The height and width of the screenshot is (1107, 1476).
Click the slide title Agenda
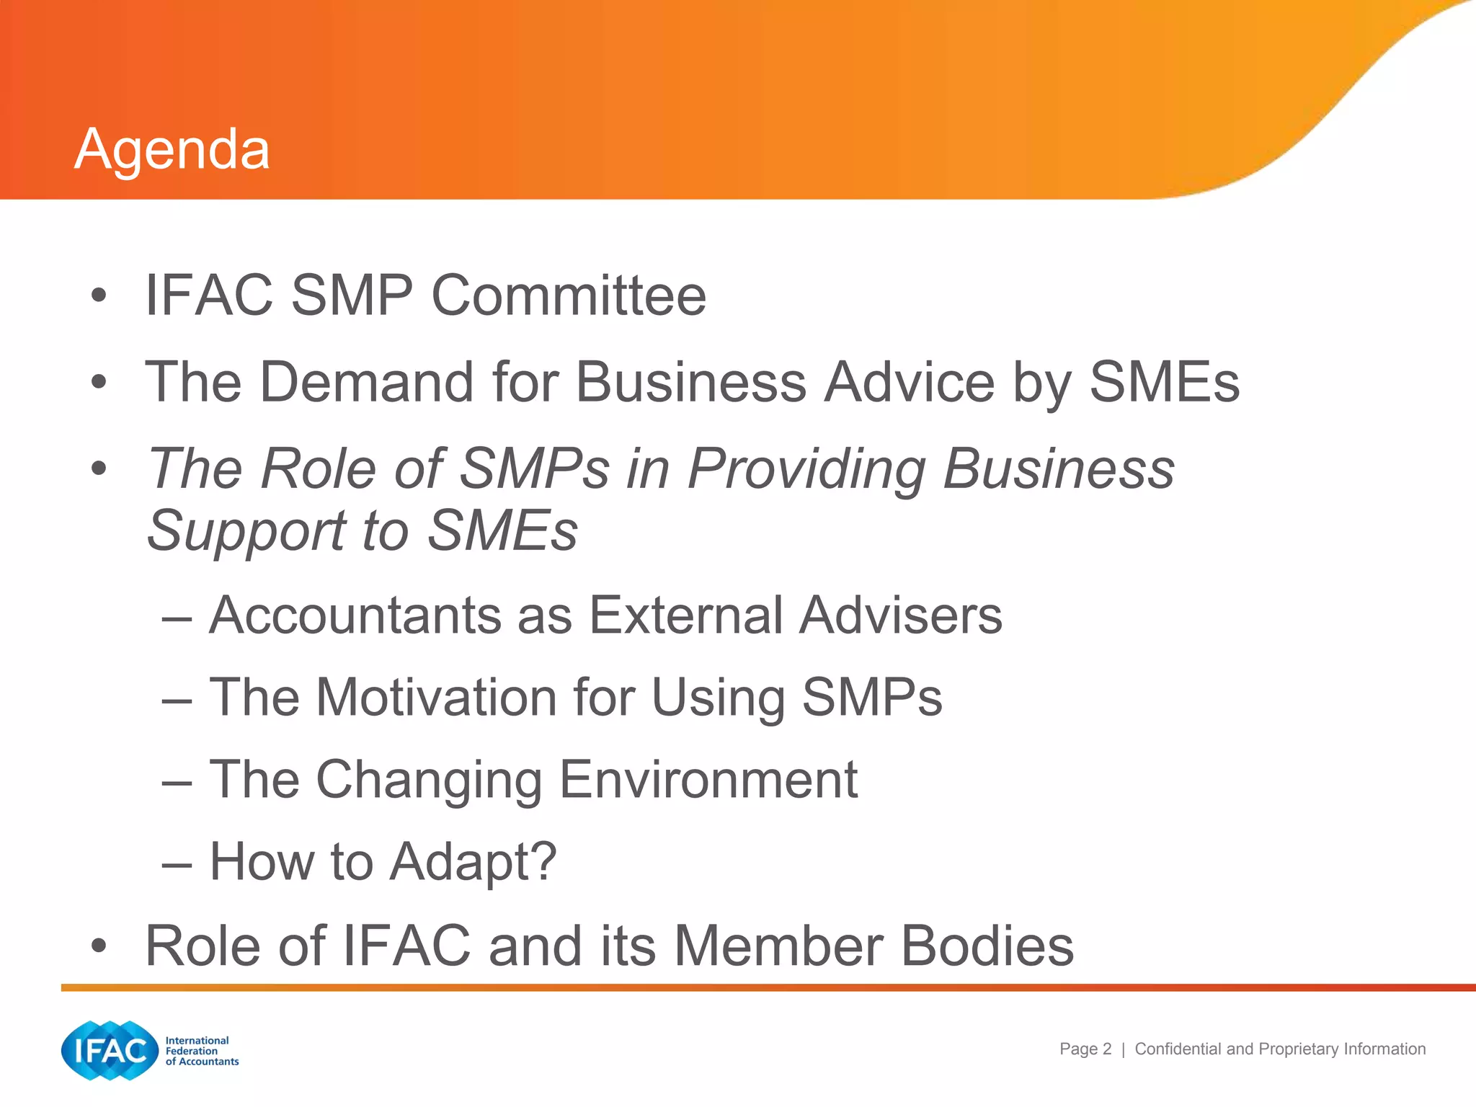click(172, 150)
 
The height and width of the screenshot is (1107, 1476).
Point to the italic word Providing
click(806, 468)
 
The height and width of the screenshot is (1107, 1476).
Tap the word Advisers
click(900, 615)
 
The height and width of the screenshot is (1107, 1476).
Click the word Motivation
click(437, 698)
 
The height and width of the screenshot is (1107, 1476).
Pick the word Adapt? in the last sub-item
click(473, 862)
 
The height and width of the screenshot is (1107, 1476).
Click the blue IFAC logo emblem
click(110, 1051)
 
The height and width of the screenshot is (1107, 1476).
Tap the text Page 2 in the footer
click(1085, 1049)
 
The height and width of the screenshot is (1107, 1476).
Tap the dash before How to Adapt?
click(177, 863)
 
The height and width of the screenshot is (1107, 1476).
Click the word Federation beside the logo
click(192, 1051)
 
